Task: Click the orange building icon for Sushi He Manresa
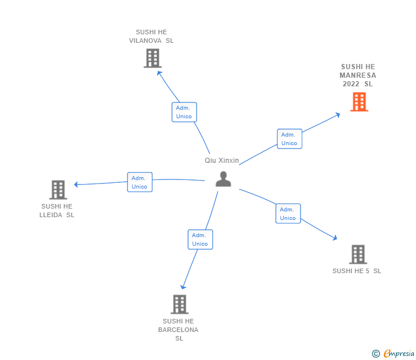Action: (x=359, y=102)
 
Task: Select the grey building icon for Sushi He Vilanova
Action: (x=152, y=58)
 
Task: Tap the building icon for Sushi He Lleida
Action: (x=58, y=190)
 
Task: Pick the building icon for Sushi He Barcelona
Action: (x=179, y=304)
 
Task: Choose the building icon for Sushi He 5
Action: (x=358, y=254)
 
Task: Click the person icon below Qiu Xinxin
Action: (x=223, y=179)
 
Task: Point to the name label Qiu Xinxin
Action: (x=222, y=161)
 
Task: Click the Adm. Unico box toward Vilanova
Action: (x=184, y=112)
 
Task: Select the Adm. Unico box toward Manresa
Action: (x=289, y=139)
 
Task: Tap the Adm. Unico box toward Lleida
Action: (x=139, y=182)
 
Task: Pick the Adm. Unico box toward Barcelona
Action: (x=200, y=239)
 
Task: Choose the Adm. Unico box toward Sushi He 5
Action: (x=288, y=214)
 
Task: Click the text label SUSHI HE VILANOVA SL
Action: (x=151, y=37)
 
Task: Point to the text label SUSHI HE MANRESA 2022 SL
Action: (x=358, y=75)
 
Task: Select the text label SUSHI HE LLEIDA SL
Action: (x=57, y=211)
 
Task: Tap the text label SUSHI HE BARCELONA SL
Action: (x=179, y=330)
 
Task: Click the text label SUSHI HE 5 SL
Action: (x=357, y=271)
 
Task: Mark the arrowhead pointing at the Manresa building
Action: (x=338, y=115)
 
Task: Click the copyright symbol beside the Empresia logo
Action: (x=375, y=354)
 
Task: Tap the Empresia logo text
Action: (x=399, y=354)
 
